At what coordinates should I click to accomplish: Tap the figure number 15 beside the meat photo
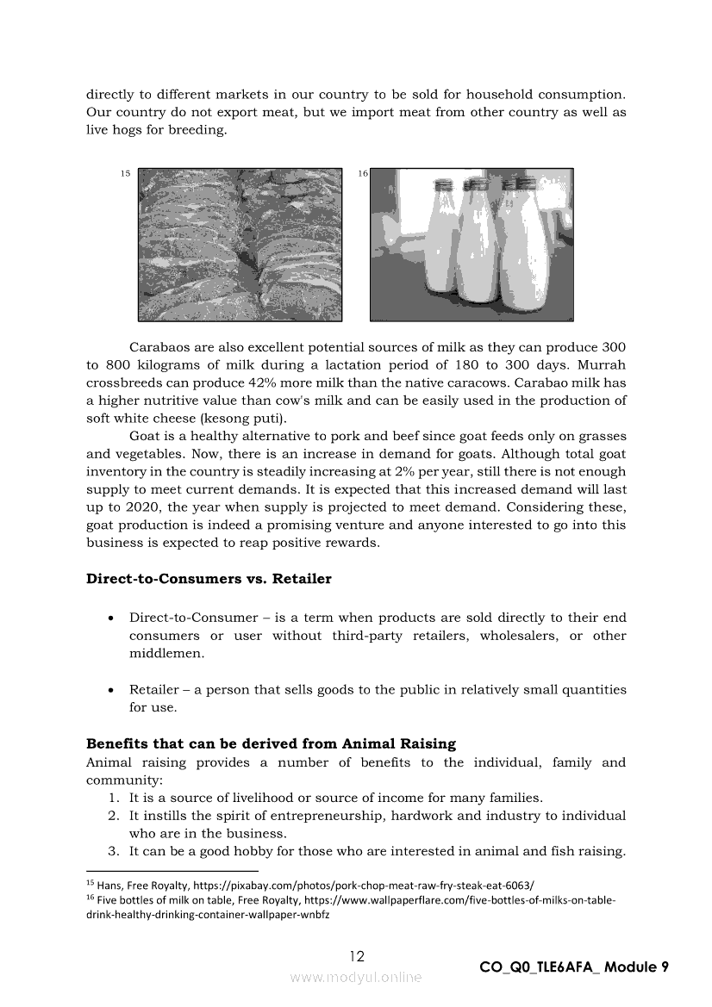click(125, 174)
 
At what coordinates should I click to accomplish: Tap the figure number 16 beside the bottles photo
click(363, 174)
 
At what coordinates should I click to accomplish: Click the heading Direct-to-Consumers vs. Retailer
click(209, 579)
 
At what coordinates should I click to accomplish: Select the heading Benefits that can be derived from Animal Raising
click(271, 743)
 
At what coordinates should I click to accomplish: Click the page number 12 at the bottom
click(357, 956)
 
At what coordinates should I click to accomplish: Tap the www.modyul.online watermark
click(356, 977)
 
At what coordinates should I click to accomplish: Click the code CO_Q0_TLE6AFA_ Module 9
click(574, 967)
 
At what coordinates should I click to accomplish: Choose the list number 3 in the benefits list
click(113, 851)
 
